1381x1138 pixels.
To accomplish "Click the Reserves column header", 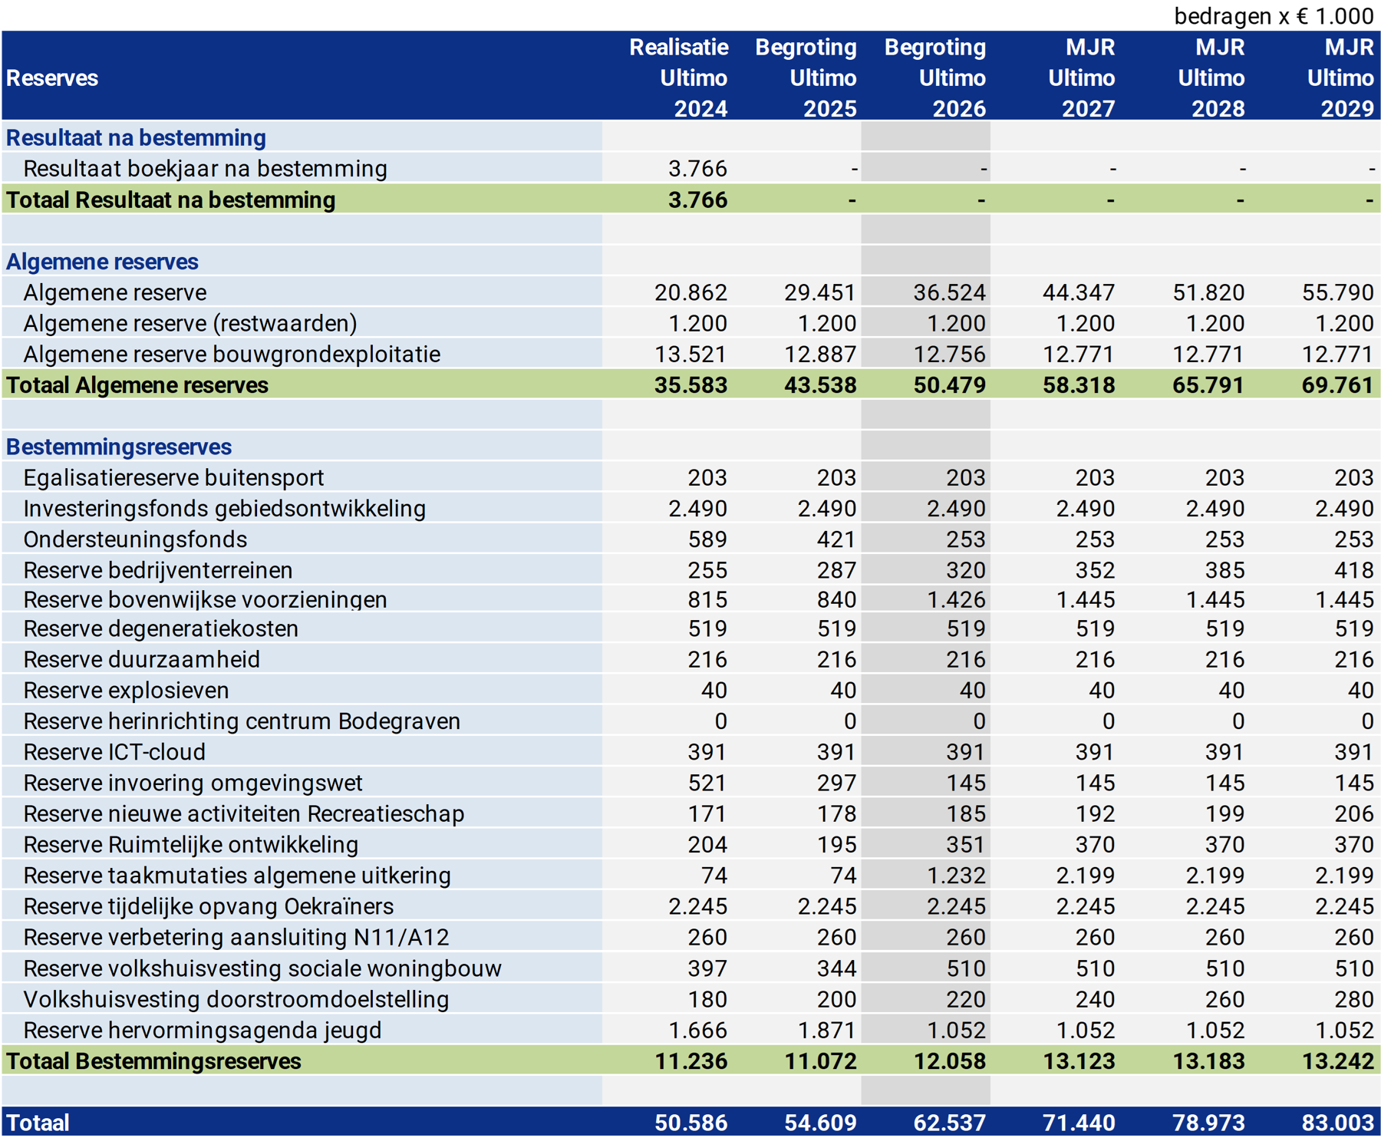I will click(52, 78).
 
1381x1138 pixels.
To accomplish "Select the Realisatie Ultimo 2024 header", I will click(679, 78).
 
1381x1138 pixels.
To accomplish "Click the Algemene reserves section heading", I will click(102, 262).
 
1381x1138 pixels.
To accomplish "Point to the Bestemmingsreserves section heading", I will click(119, 447).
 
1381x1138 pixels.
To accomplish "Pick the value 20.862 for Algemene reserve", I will click(690, 292).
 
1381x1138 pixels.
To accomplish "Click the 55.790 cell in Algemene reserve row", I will click(1337, 292).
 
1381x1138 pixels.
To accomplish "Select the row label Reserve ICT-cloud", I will click(114, 752).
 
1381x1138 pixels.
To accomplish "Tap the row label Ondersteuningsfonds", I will click(135, 539).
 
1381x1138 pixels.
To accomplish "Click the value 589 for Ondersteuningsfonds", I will click(707, 539).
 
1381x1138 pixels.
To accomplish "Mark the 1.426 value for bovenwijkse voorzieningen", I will click(956, 599).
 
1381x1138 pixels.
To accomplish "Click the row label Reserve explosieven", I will click(126, 691).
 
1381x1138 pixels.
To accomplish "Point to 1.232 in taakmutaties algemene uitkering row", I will click(956, 876).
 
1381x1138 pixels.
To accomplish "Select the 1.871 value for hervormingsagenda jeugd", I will click(826, 1030).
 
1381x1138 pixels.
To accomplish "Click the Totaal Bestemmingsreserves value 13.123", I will click(1079, 1061).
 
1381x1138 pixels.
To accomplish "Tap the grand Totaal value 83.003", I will click(1337, 1123).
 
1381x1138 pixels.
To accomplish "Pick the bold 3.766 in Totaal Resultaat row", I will click(697, 200).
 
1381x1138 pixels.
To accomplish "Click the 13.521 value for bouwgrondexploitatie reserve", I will click(690, 354).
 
